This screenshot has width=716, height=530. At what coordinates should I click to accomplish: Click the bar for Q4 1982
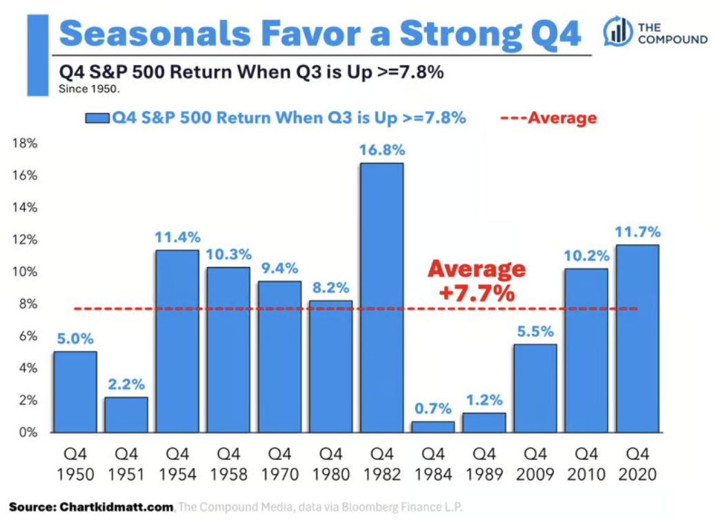pos(381,297)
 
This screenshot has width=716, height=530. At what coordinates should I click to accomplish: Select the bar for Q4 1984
pos(433,426)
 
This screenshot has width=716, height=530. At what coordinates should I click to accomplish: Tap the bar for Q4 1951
pos(126,415)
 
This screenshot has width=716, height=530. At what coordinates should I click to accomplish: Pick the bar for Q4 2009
pos(535,389)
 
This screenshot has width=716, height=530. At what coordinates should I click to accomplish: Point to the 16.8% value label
pos(381,150)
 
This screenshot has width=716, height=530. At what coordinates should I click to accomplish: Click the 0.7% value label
pos(433,408)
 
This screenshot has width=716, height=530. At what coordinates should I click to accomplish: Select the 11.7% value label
pos(637,232)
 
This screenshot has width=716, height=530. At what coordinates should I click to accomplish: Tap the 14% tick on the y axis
pos(25,208)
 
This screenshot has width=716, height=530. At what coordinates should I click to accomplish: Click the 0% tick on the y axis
pos(28,432)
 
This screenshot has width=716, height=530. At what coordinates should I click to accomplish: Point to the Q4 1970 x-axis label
pos(279,464)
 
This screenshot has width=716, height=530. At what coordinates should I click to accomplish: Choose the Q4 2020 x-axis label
pos(637,464)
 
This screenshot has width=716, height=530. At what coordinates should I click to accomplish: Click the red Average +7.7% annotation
pos(477,281)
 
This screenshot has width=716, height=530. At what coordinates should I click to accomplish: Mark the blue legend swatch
pos(97,118)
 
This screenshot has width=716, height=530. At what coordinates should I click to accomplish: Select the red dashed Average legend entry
pos(548,118)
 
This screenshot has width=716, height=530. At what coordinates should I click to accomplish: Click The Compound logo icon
pos(617,31)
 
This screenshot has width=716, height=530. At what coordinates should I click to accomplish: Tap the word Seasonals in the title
pos(155,33)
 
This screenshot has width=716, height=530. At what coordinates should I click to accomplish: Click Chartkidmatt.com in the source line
pos(117,507)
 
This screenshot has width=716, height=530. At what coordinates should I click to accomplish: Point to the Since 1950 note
pos(89,88)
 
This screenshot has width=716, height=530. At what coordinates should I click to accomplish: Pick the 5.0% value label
pos(75,339)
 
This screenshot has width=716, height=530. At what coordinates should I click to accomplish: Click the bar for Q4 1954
pos(177,342)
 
